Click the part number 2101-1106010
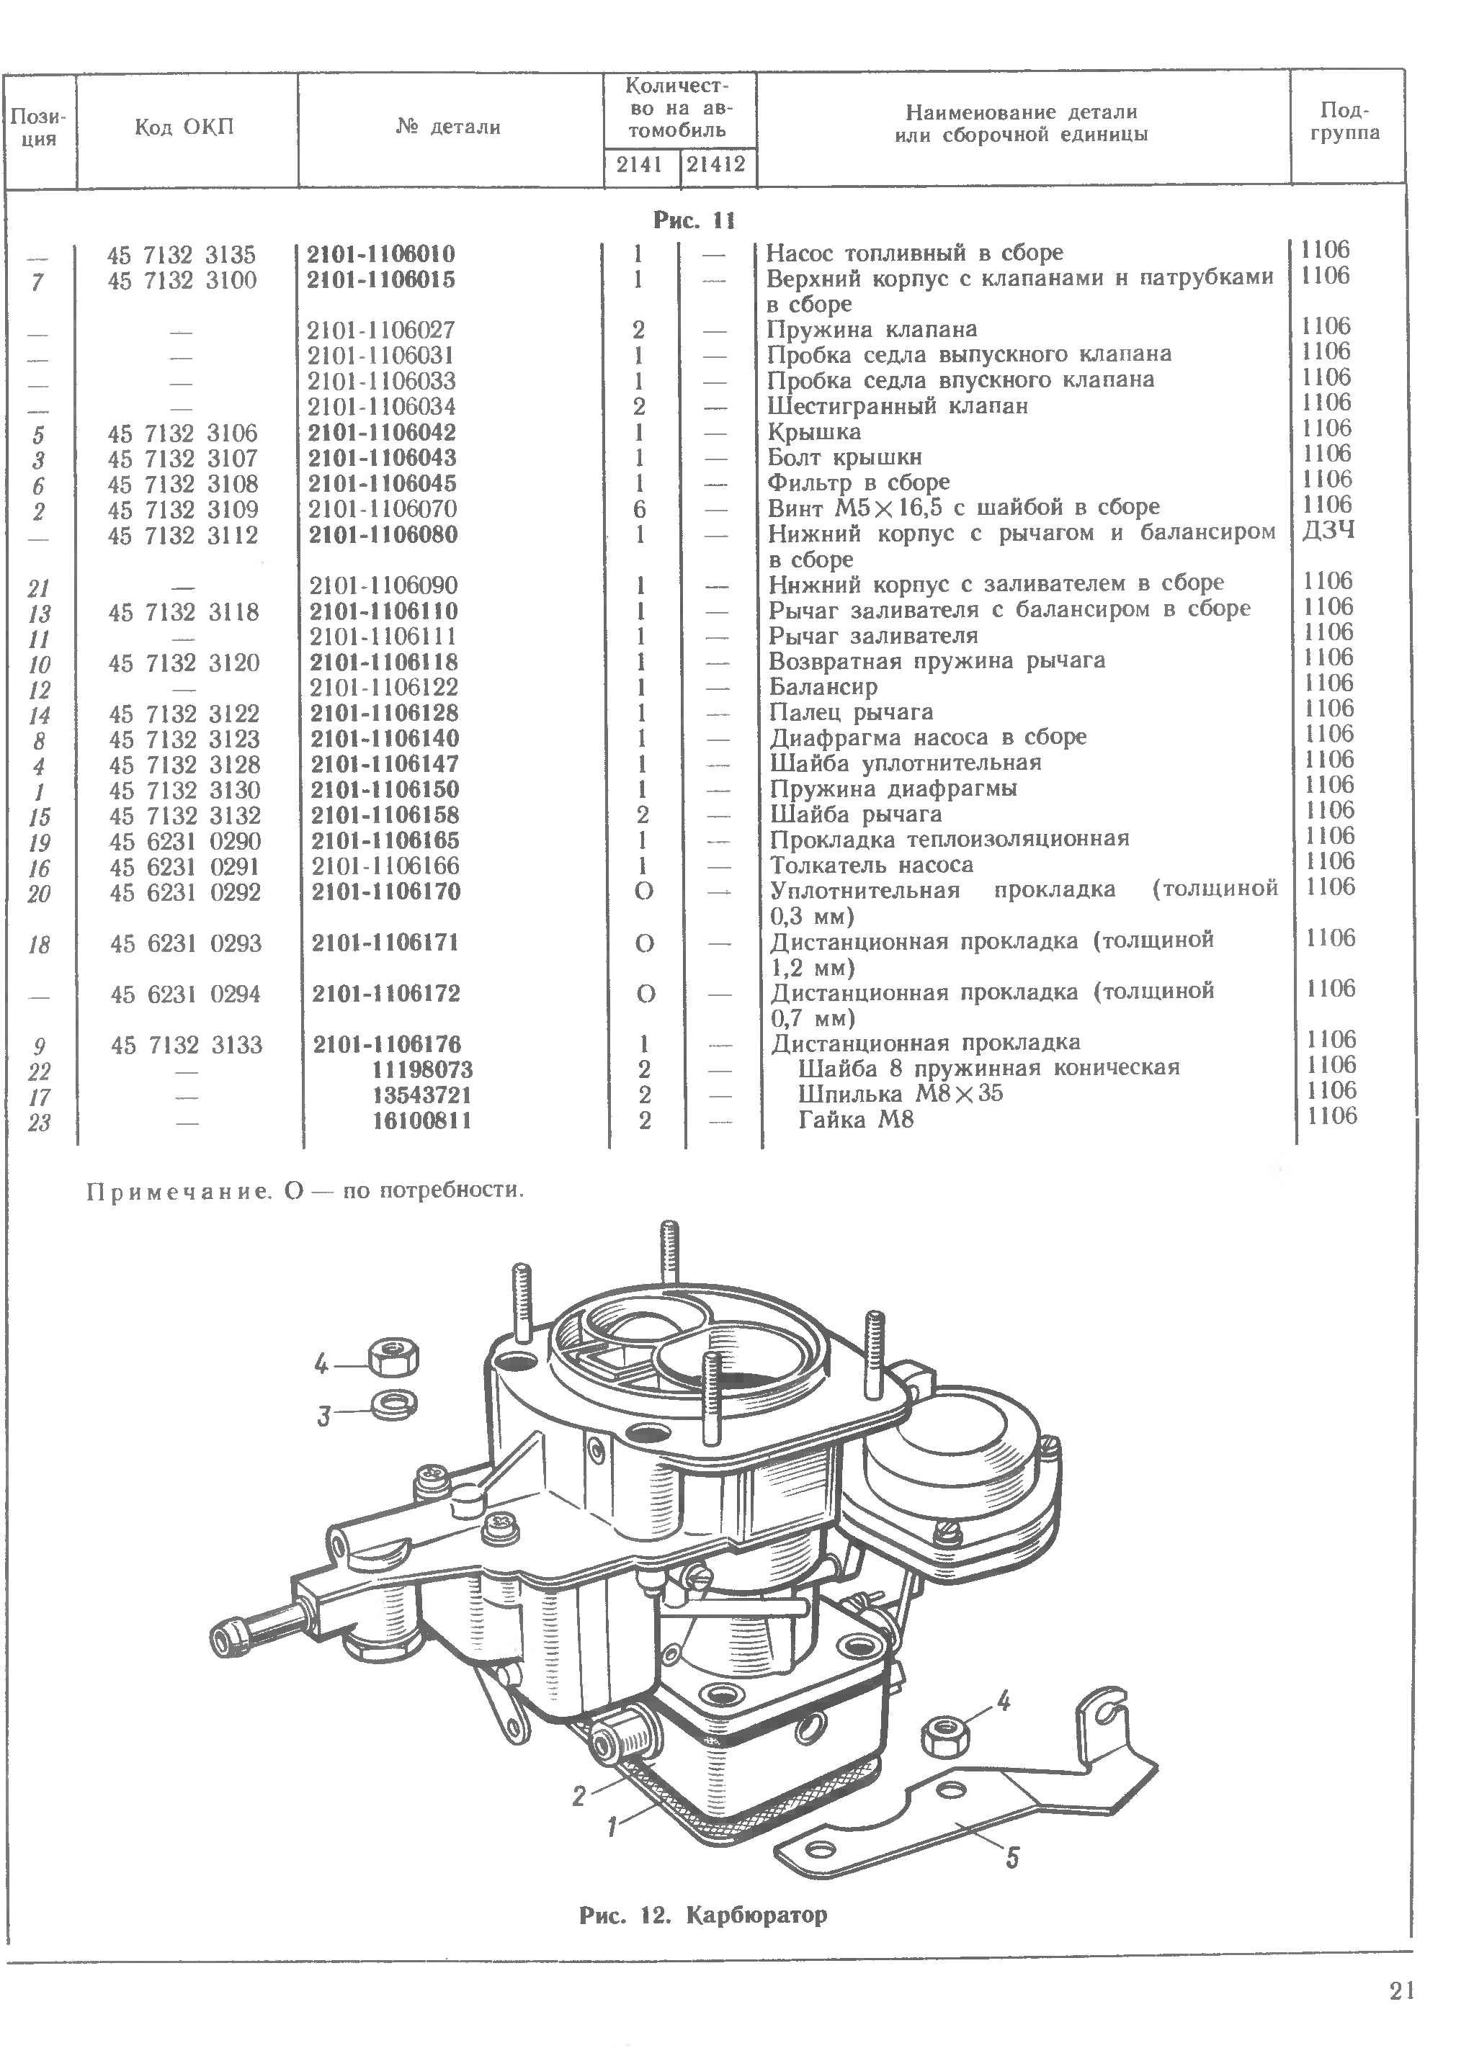coord(380,255)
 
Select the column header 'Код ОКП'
coord(184,127)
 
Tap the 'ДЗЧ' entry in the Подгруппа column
coord(1328,530)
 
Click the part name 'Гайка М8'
coord(855,1120)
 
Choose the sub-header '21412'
coord(716,164)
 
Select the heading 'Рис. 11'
coord(694,220)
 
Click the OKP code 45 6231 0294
coord(185,994)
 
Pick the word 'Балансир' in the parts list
coord(823,687)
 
